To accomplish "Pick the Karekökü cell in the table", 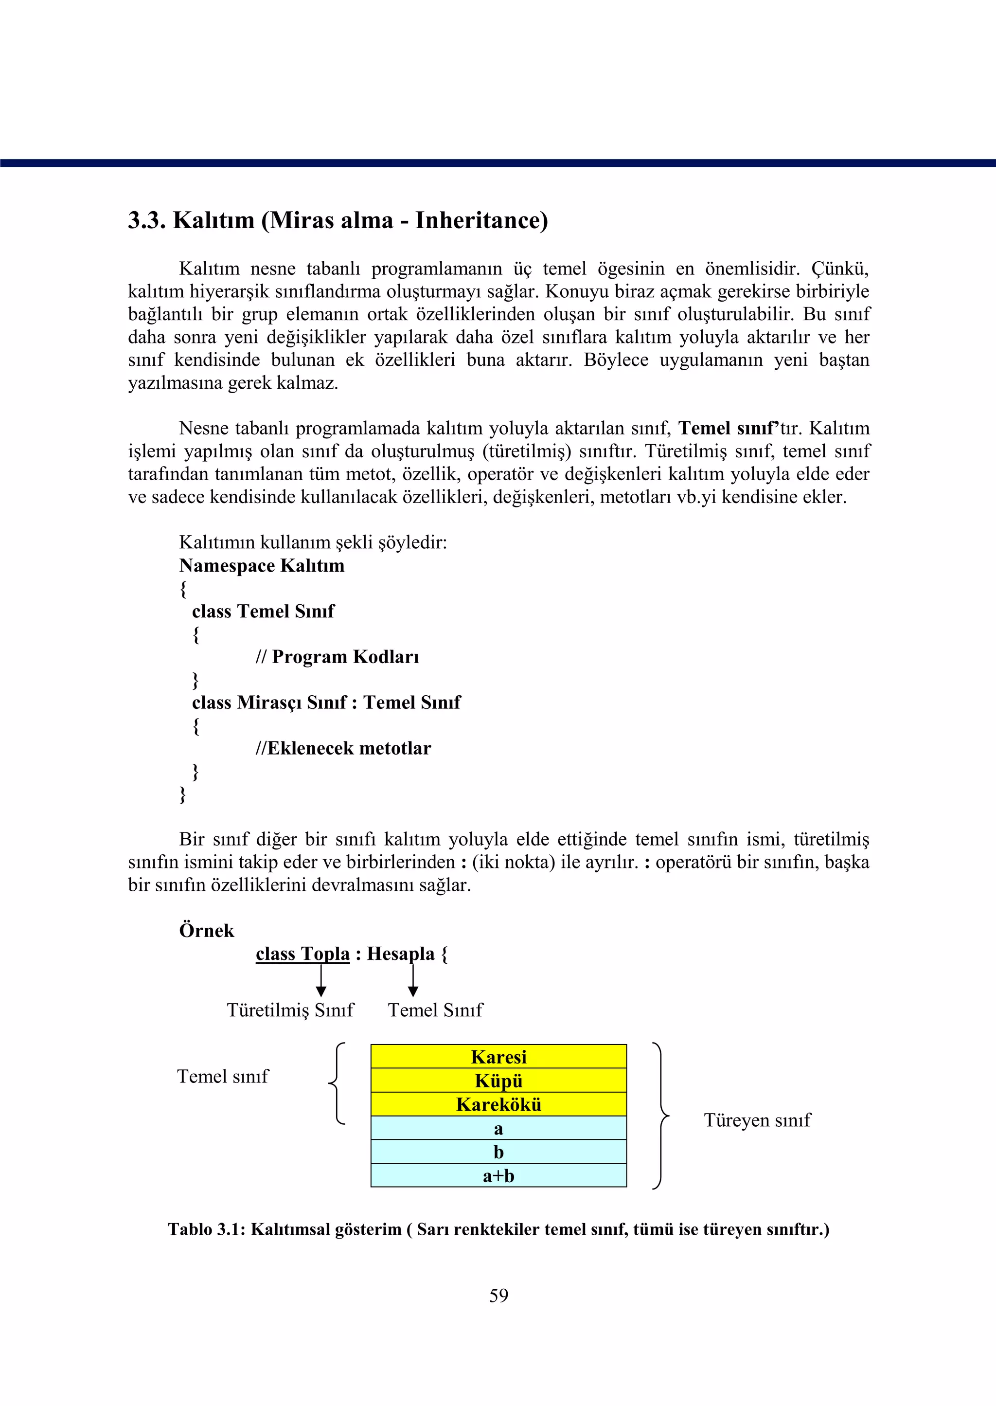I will tap(498, 1105).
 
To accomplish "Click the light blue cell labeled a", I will tap(498, 1128).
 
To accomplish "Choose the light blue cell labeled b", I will tap(498, 1152).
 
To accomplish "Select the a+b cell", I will tap(498, 1175).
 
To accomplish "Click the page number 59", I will tap(498, 1296).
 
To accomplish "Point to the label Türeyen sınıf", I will tap(757, 1120).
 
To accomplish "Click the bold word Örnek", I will tap(207, 931).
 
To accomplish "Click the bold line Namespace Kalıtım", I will tap(262, 566).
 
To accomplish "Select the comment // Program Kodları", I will tap(338, 657).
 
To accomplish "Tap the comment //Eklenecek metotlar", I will tap(343, 748).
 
